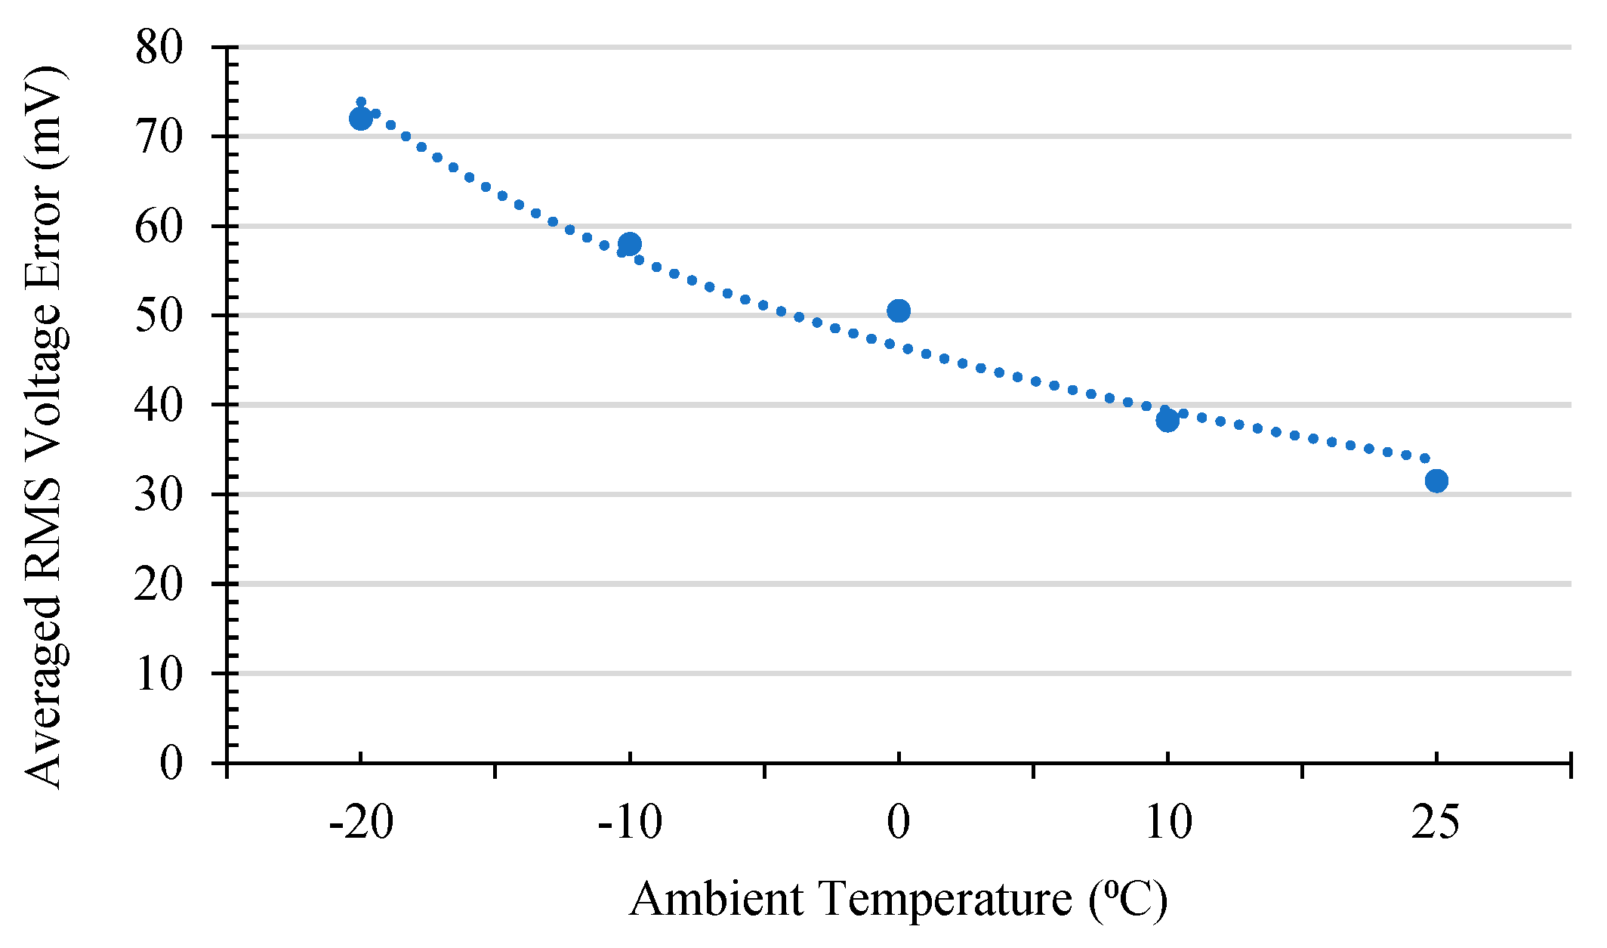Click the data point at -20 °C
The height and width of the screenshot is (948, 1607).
tap(360, 119)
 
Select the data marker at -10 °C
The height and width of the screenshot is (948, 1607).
tap(629, 244)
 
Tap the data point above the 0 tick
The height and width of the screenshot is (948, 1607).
tap(898, 310)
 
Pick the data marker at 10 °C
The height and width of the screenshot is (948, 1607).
tap(1167, 420)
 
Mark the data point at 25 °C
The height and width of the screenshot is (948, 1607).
tap(1436, 480)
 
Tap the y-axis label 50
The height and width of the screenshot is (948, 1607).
tap(159, 316)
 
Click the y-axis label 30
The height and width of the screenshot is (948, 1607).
tap(159, 495)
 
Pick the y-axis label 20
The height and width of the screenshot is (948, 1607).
tap(159, 584)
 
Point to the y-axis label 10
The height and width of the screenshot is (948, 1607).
tap(159, 673)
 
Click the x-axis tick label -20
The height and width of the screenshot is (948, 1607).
tap(361, 823)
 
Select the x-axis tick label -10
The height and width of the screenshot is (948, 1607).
tap(629, 823)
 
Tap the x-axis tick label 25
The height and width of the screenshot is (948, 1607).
tap(1436, 823)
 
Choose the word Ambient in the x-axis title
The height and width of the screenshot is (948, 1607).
tap(716, 899)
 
